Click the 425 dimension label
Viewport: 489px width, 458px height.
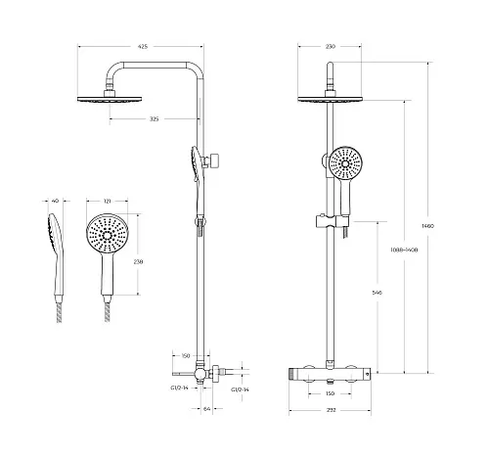pos(143,47)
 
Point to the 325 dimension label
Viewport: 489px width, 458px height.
pos(154,119)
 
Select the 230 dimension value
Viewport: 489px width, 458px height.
pos(331,47)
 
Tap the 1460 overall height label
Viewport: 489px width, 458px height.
pos(427,226)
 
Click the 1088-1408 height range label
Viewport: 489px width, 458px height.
pos(404,251)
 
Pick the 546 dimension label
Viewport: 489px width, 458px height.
pos(377,293)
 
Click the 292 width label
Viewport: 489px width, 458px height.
pos(331,410)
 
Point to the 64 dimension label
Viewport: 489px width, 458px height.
pos(206,408)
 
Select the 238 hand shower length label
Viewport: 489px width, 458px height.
pos(138,261)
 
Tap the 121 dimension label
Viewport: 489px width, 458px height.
pos(107,202)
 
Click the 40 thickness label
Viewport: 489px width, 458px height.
pos(56,201)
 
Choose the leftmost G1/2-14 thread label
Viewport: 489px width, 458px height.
pos(179,388)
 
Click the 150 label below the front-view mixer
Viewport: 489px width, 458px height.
pos(330,393)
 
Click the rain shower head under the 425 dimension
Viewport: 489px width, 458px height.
pos(110,99)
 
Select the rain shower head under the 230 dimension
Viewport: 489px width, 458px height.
pos(330,99)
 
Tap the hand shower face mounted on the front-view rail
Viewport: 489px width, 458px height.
pos(345,162)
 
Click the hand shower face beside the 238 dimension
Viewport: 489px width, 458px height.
pos(108,235)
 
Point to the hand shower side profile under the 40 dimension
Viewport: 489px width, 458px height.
pos(56,254)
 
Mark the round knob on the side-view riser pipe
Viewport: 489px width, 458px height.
pos(215,160)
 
